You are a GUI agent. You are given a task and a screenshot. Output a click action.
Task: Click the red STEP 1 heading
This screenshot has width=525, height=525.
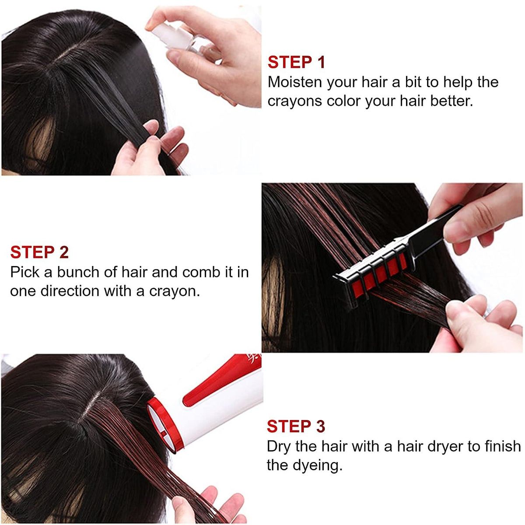296,62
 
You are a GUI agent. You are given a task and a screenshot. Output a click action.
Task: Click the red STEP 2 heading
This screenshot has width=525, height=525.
39,252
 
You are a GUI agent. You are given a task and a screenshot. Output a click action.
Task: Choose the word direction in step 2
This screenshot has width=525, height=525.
72,291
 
